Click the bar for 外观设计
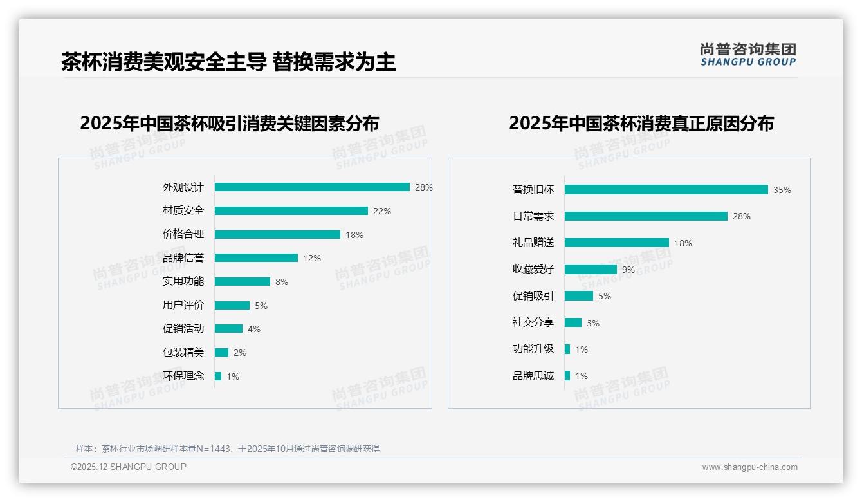(x=312, y=187)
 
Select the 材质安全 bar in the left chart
(x=291, y=211)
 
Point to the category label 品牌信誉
(x=183, y=258)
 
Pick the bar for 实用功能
(x=243, y=282)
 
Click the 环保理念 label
(x=183, y=376)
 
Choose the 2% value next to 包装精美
(x=240, y=353)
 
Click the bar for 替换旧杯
(x=666, y=190)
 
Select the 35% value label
(x=782, y=190)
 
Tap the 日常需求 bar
(x=646, y=216)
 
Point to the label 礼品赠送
(x=533, y=243)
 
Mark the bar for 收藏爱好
(x=591, y=270)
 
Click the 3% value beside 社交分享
(x=593, y=323)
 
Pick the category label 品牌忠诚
(x=533, y=376)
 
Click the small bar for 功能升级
(x=567, y=349)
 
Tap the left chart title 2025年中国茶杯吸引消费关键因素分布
(x=230, y=123)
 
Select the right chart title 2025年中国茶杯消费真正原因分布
(x=641, y=123)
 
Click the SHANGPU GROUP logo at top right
(x=748, y=55)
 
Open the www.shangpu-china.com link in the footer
(x=749, y=467)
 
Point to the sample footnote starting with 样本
(x=228, y=449)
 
